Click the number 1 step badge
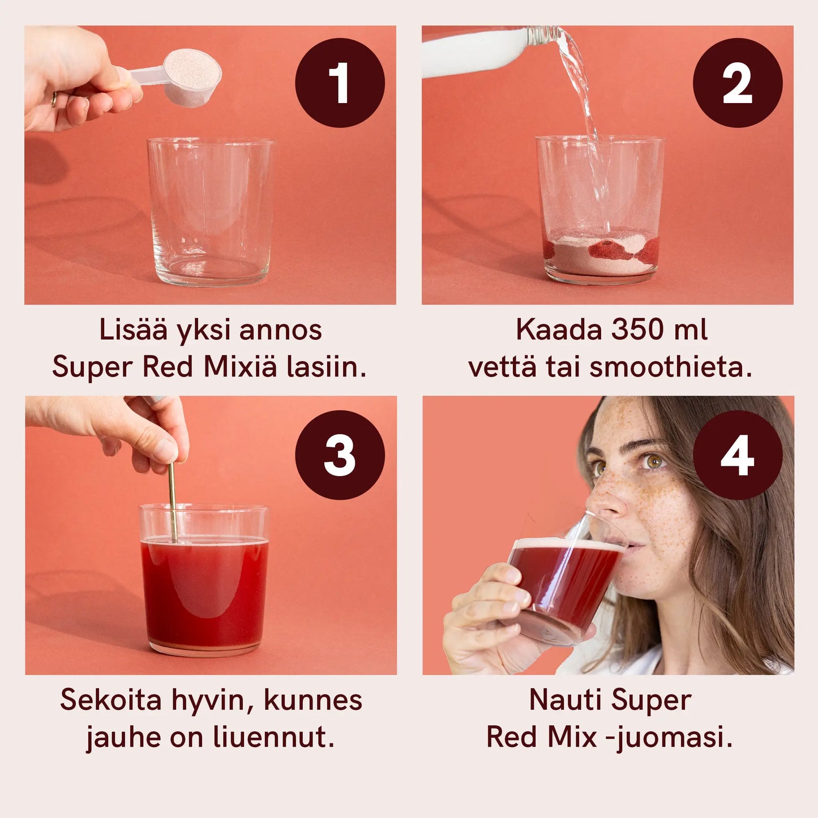(x=340, y=83)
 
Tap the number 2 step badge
(x=738, y=83)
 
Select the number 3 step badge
(x=340, y=455)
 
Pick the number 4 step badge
(x=738, y=455)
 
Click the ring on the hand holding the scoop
(x=54, y=99)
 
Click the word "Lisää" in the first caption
(x=134, y=329)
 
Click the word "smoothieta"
(x=670, y=367)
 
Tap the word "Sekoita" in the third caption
(x=111, y=700)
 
